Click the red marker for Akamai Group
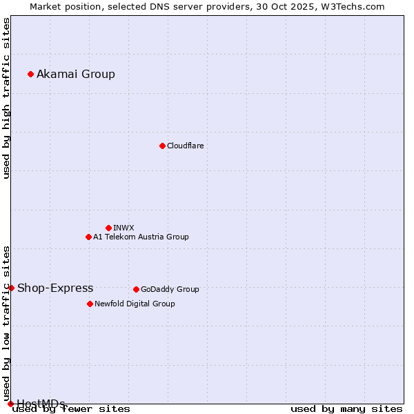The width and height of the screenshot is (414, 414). point(30,74)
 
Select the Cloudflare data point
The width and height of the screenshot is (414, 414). point(162,146)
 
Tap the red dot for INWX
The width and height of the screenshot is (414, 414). point(108,228)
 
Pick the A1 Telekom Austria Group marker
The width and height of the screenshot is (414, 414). point(88,237)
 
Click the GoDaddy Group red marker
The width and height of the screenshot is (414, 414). point(136,289)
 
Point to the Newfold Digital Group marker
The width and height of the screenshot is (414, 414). point(90,304)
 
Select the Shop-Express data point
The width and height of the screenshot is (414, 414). point(11,288)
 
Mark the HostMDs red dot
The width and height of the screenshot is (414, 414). point(10,404)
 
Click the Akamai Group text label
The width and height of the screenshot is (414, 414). point(76,75)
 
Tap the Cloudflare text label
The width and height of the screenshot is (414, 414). point(185,146)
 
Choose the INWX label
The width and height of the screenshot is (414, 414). point(124,228)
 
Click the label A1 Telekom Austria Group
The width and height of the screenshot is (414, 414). point(141,237)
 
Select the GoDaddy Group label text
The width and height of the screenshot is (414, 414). point(170,289)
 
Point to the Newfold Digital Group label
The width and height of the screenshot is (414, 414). point(135,304)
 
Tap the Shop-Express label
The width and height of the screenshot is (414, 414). point(55,288)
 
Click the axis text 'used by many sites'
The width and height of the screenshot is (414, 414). point(346,409)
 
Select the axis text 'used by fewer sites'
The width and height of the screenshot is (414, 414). point(72,409)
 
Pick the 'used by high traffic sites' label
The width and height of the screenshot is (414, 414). point(7,98)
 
